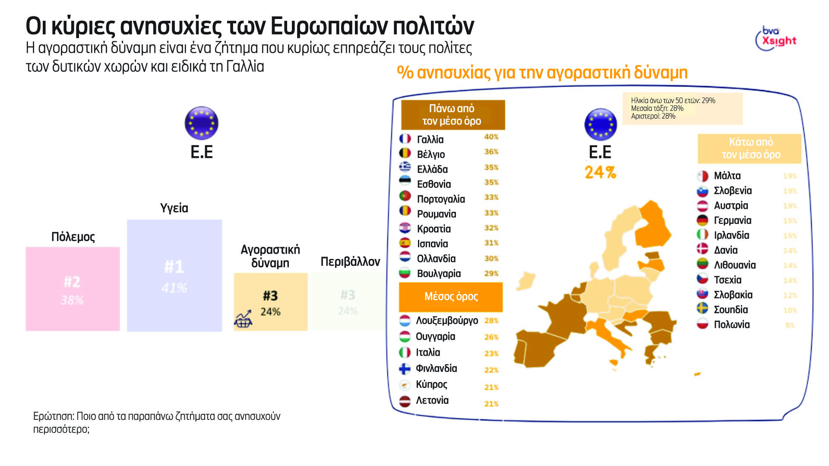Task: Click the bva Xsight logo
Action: pyautogui.click(x=776, y=38)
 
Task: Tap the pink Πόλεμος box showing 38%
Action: pyautogui.click(x=73, y=289)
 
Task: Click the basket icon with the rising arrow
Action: pyautogui.click(x=243, y=319)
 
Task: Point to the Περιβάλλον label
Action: pyautogui.click(x=350, y=261)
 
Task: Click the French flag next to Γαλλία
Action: pyautogui.click(x=405, y=139)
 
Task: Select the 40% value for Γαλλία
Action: pyautogui.click(x=491, y=137)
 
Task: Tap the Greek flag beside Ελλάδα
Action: pyautogui.click(x=405, y=167)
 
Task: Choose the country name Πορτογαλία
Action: pyautogui.click(x=441, y=199)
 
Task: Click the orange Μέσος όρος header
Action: pyautogui.click(x=451, y=296)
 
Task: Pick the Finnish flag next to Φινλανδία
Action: pyautogui.click(x=405, y=368)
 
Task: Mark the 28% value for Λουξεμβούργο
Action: pyautogui.click(x=491, y=321)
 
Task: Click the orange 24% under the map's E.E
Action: pyautogui.click(x=600, y=173)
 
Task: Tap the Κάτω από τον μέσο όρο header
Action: pyautogui.click(x=750, y=148)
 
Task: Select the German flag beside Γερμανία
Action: pyautogui.click(x=702, y=220)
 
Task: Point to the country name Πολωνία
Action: pyautogui.click(x=732, y=324)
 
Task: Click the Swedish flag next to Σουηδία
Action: pyautogui.click(x=702, y=309)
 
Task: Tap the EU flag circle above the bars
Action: pyautogui.click(x=201, y=123)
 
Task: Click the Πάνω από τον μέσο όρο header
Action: pyautogui.click(x=452, y=115)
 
